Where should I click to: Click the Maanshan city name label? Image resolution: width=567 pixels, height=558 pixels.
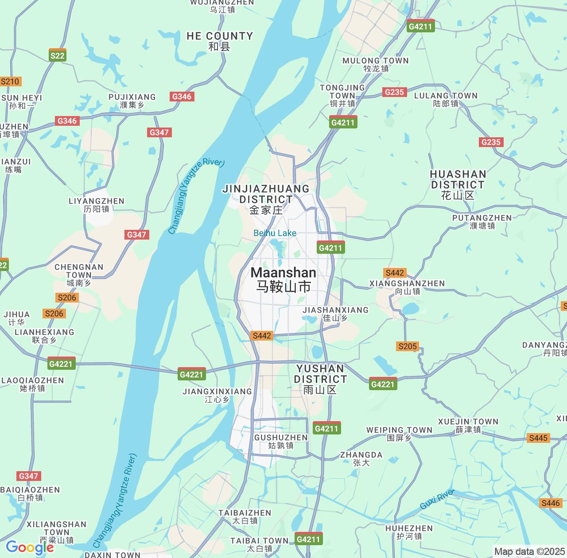[283, 279]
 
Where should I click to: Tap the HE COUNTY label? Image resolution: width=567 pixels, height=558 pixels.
[220, 41]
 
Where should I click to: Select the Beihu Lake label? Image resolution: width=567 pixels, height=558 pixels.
[275, 233]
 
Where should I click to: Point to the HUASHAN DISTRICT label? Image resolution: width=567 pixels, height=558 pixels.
[458, 185]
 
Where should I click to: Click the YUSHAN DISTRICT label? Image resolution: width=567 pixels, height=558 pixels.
[320, 379]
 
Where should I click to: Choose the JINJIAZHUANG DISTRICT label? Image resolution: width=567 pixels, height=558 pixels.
[266, 199]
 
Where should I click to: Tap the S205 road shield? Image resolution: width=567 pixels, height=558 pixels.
[408, 346]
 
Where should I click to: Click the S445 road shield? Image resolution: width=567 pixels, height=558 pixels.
[538, 438]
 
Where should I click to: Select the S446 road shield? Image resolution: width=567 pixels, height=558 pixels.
[551, 503]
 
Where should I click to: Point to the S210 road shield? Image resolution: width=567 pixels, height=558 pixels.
[10, 81]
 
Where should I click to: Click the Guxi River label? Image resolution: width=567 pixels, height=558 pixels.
[437, 499]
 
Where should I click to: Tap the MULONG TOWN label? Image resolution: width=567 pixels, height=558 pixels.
[376, 64]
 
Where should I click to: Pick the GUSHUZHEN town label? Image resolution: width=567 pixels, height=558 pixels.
[281, 442]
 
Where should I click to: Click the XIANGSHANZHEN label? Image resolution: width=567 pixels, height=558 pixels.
[407, 287]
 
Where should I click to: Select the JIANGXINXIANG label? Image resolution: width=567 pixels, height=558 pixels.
[217, 395]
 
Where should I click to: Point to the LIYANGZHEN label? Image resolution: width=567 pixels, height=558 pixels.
[97, 205]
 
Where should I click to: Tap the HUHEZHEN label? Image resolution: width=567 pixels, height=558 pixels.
[409, 532]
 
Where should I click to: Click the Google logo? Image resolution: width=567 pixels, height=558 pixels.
[30, 548]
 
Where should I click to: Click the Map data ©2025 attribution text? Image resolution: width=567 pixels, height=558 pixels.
[529, 551]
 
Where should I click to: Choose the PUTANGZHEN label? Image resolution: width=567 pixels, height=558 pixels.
[482, 221]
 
